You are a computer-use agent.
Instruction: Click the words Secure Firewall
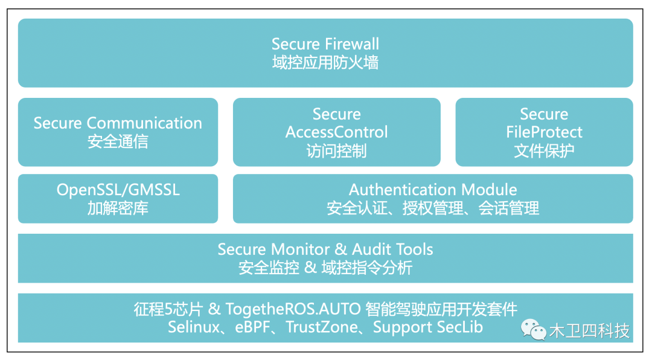click(x=325, y=44)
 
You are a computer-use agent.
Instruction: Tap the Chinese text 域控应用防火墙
click(x=325, y=63)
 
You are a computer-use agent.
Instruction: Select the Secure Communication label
click(x=118, y=123)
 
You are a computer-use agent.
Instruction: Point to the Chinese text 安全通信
click(x=118, y=141)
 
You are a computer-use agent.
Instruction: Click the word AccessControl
click(x=336, y=132)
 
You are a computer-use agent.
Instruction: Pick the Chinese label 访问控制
click(x=336, y=150)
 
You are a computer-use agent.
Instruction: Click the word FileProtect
click(x=544, y=132)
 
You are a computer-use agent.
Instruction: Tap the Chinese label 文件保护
click(x=544, y=150)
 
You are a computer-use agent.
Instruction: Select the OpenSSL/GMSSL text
click(x=118, y=190)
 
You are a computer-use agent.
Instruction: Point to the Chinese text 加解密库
click(x=118, y=208)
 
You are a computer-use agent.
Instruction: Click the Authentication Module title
click(x=433, y=190)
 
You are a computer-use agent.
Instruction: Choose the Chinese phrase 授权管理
click(x=432, y=208)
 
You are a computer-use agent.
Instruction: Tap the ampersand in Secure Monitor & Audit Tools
click(x=340, y=249)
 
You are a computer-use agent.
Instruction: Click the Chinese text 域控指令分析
click(x=367, y=268)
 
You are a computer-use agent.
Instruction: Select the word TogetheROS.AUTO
click(x=293, y=309)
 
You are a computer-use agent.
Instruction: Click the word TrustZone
click(x=322, y=327)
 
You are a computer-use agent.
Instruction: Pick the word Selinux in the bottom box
click(x=193, y=327)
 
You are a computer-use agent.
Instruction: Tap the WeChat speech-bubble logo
click(x=534, y=329)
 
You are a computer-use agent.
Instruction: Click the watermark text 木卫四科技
click(x=589, y=331)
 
